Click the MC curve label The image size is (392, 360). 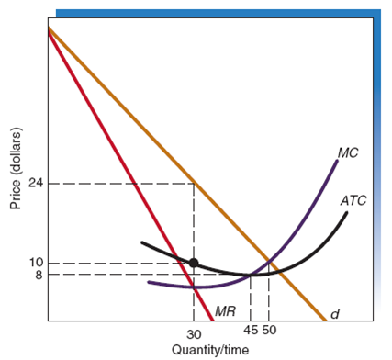click(x=347, y=152)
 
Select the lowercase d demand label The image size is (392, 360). click(x=334, y=313)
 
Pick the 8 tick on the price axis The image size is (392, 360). click(x=35, y=274)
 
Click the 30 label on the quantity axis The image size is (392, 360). click(x=193, y=334)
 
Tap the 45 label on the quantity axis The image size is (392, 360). click(x=251, y=330)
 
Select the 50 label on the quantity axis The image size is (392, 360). click(x=269, y=330)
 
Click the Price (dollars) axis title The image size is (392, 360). click(x=14, y=184)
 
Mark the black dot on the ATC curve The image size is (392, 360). click(x=193, y=263)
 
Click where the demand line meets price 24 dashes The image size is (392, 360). click(x=193, y=183)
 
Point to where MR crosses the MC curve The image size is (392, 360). click(x=194, y=287)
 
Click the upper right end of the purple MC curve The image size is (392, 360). click(x=337, y=161)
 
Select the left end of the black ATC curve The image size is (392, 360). click(x=141, y=242)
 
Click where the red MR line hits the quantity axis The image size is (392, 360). click(x=213, y=321)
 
